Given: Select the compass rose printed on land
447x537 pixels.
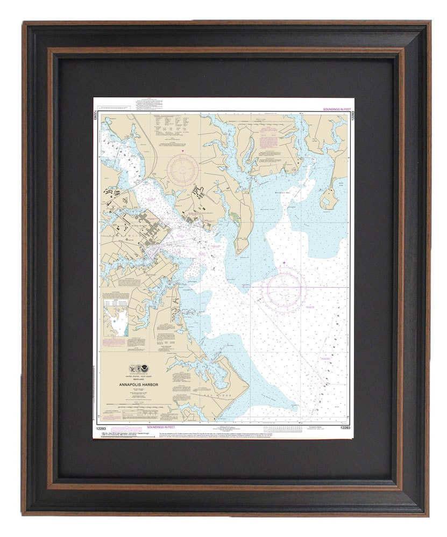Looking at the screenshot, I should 182,170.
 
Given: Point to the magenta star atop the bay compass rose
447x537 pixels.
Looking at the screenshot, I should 284,263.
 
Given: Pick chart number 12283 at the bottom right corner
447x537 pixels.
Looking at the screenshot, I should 344,427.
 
